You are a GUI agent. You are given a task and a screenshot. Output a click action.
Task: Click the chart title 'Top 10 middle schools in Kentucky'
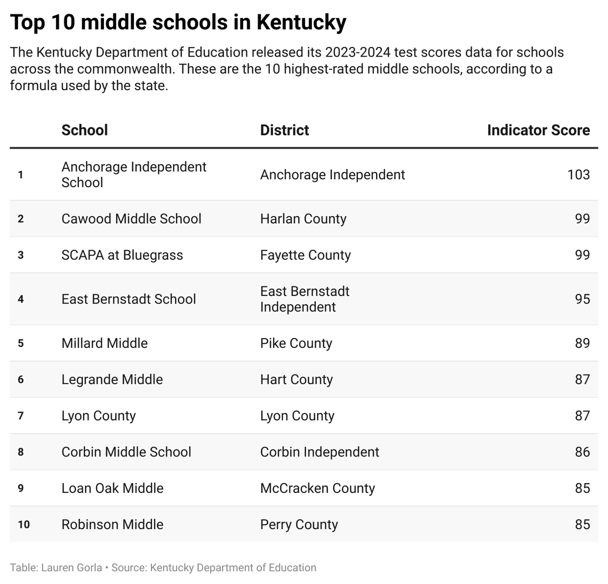(x=178, y=22)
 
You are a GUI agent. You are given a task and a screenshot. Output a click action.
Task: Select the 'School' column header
(x=84, y=130)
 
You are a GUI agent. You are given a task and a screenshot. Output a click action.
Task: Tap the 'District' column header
(x=284, y=130)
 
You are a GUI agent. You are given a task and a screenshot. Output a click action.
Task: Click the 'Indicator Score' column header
(x=538, y=130)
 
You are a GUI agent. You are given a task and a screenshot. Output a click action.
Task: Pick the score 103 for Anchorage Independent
(x=578, y=175)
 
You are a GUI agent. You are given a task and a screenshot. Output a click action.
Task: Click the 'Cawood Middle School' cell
(x=131, y=219)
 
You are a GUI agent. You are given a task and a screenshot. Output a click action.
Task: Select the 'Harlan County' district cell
(x=303, y=219)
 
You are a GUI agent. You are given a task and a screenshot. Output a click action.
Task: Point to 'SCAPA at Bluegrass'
(x=122, y=255)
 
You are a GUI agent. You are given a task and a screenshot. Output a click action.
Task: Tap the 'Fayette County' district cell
(x=305, y=255)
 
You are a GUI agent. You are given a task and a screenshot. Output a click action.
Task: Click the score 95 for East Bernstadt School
(x=582, y=299)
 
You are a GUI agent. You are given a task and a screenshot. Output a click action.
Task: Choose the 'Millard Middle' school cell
(x=105, y=343)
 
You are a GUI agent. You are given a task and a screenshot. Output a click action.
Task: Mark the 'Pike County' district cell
(x=296, y=343)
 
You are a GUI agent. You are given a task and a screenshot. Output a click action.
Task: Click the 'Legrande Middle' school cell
(x=112, y=379)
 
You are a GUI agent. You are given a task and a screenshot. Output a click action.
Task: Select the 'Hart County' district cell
(x=296, y=379)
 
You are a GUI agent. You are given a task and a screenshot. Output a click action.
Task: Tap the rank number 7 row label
(x=21, y=415)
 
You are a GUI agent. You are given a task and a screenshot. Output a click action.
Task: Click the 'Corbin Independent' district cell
(x=319, y=452)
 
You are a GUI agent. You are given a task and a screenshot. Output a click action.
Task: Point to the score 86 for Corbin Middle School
(x=582, y=452)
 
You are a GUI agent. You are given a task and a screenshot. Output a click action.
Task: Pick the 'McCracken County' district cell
(x=317, y=488)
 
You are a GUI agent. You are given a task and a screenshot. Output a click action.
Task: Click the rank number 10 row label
(x=23, y=524)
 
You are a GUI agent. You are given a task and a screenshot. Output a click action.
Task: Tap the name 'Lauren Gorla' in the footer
(x=71, y=567)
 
